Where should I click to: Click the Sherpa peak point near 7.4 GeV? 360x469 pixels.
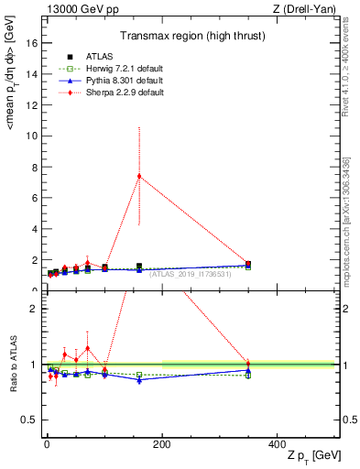pos(139,176)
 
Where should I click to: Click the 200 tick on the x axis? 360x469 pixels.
pos(162,444)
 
